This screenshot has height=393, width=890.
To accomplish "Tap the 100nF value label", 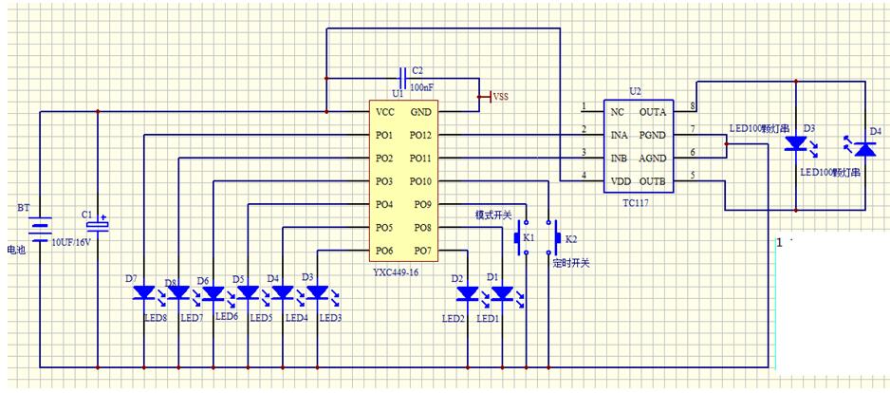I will (x=422, y=87).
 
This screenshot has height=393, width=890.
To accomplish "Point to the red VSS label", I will (x=501, y=96).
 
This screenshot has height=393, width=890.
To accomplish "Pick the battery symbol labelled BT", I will (x=40, y=230).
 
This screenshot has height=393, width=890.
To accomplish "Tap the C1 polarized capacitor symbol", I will (x=98, y=225).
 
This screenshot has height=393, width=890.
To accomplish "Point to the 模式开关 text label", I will (x=493, y=215).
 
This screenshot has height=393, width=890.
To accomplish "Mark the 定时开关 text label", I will (x=571, y=263).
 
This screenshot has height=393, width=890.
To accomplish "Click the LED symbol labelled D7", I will (x=143, y=292).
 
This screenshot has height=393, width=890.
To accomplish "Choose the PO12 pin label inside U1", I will (x=420, y=135).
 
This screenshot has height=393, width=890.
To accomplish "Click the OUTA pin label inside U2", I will (x=653, y=112).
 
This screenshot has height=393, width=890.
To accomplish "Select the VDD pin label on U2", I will (x=621, y=180).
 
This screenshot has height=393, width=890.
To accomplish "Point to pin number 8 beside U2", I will (x=694, y=105).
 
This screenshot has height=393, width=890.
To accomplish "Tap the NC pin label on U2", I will (x=618, y=112).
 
